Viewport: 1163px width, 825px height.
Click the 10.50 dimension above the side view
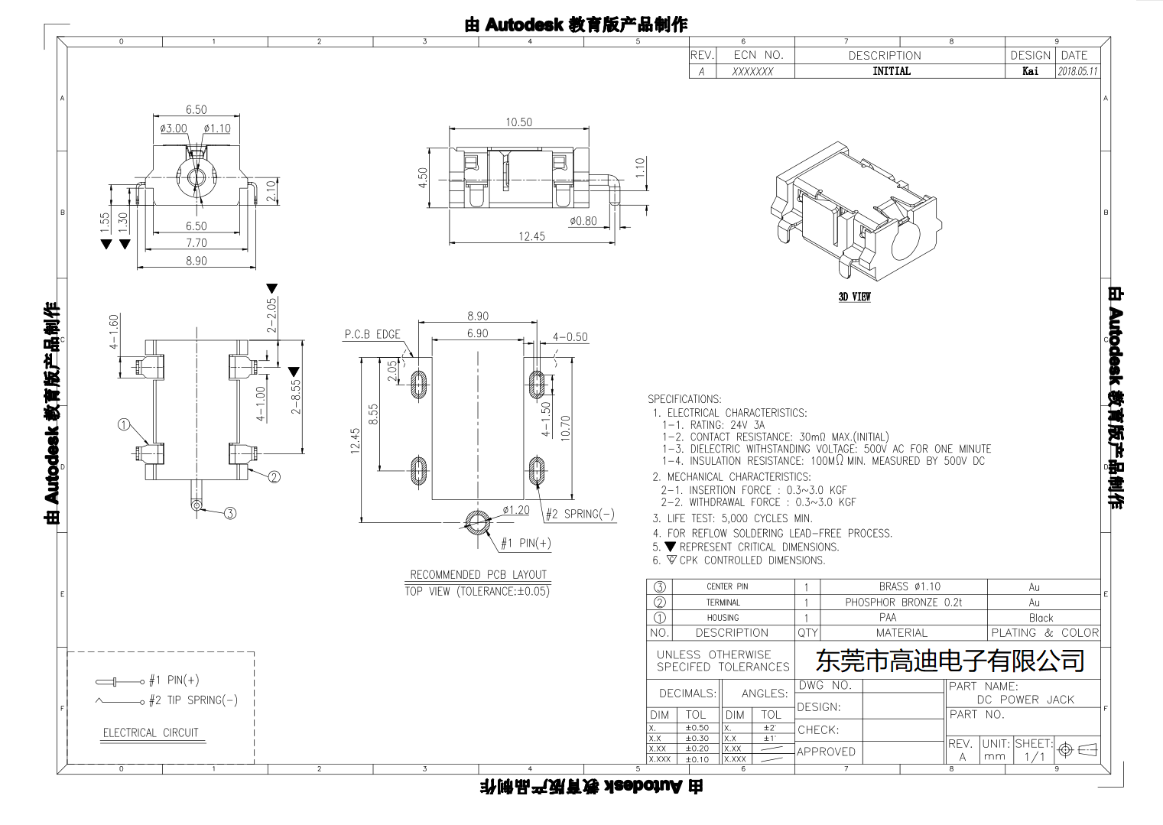coord(518,122)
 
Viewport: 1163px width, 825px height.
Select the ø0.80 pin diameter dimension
coord(583,221)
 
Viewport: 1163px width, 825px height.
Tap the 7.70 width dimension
coord(197,243)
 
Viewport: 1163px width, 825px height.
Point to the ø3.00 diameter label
coord(174,128)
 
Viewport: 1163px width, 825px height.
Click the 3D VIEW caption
coord(854,297)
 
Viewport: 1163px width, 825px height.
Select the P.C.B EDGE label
coord(372,334)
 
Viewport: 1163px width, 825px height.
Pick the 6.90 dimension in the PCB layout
coord(478,333)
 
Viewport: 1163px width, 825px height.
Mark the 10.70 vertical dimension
coord(566,427)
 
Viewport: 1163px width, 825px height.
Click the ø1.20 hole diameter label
coord(516,510)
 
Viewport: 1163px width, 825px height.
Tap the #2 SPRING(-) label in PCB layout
coord(580,514)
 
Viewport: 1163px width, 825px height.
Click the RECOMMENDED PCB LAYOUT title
coord(478,574)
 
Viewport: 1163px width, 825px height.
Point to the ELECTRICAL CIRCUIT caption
coord(151,732)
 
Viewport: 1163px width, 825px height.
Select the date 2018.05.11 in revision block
coord(1077,71)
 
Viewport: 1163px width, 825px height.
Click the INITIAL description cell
coord(892,71)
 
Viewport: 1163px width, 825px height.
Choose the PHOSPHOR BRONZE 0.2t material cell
coord(903,603)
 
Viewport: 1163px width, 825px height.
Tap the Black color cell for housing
coord(1041,618)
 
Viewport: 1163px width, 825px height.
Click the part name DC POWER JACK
coord(1025,700)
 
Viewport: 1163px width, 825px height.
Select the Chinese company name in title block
coord(950,661)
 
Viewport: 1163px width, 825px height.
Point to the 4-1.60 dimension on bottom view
coord(114,332)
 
